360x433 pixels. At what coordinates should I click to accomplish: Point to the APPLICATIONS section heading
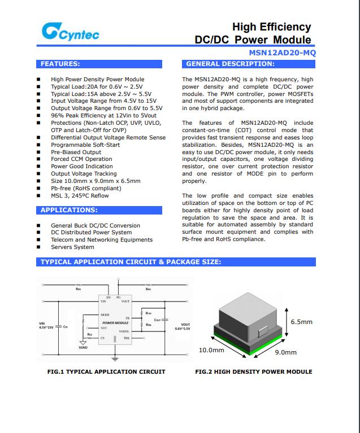(x=69, y=210)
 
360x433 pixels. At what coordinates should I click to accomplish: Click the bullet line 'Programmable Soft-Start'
(x=85, y=145)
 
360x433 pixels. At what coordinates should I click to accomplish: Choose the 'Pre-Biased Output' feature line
(x=76, y=152)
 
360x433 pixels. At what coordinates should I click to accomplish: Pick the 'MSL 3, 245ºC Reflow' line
(x=80, y=196)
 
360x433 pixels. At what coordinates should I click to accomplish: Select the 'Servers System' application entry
(x=72, y=247)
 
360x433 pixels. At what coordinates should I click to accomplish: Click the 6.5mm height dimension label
(x=301, y=322)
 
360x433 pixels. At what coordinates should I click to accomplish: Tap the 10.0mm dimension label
(x=211, y=350)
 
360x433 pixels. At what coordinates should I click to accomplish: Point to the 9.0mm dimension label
(x=285, y=352)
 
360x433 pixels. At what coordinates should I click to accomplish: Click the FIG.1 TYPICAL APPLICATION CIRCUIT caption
(x=106, y=371)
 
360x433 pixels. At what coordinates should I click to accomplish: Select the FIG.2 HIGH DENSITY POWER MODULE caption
(x=253, y=371)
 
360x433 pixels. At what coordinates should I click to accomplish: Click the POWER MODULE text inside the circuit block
(x=115, y=323)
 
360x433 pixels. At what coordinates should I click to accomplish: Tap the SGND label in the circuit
(x=83, y=348)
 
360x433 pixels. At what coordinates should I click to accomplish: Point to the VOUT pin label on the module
(x=125, y=301)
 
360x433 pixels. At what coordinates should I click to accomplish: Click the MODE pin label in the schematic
(x=105, y=314)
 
